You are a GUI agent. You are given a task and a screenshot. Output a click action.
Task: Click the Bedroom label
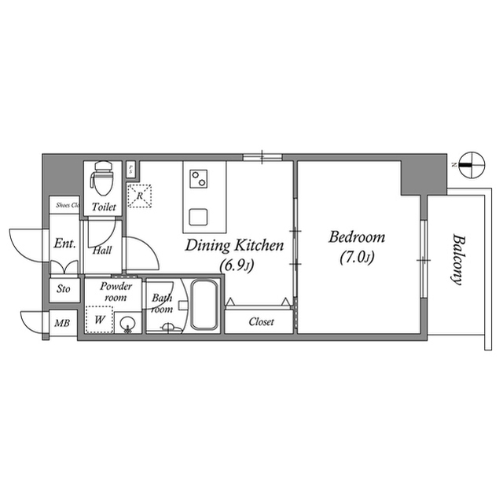[x=356, y=236]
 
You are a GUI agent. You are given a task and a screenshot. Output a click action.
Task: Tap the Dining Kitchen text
[x=234, y=246]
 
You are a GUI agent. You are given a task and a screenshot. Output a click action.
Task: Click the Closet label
[x=261, y=321]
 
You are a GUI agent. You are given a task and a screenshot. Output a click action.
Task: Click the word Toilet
[x=104, y=207]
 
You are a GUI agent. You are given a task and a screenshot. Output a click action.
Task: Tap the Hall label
[x=102, y=251]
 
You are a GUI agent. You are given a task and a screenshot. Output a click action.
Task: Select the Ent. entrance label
[x=64, y=244]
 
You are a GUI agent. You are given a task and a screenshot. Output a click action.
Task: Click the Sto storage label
[x=63, y=289]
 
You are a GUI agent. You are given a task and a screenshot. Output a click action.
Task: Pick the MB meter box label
[x=61, y=322]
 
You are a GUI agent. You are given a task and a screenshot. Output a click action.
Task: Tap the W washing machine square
[x=99, y=321]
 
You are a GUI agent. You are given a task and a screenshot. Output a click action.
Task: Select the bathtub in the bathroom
[x=204, y=306]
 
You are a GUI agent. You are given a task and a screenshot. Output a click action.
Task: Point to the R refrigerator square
[x=140, y=196]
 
